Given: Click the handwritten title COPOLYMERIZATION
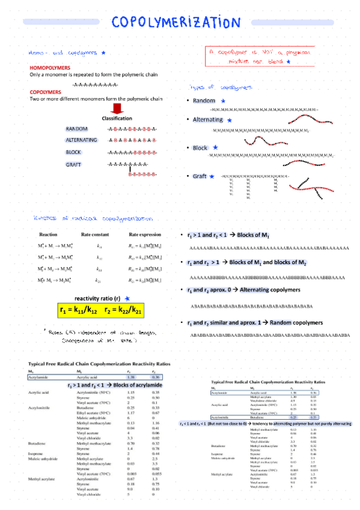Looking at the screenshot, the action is pos(175,22).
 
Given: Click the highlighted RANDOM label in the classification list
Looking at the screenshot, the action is pos(77,129).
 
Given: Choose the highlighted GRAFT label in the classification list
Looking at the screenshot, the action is pos(73,164).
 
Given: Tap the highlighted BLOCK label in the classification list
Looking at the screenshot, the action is pos(73,152).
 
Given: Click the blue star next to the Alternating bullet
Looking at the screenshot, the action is pos(229,121).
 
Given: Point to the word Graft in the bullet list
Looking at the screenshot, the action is pos(200,176).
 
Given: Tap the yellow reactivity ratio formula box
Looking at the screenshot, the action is pos(102,310).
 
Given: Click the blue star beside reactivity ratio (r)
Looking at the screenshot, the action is pos(126,298).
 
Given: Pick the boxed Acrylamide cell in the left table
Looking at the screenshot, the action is pos(39,377).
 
